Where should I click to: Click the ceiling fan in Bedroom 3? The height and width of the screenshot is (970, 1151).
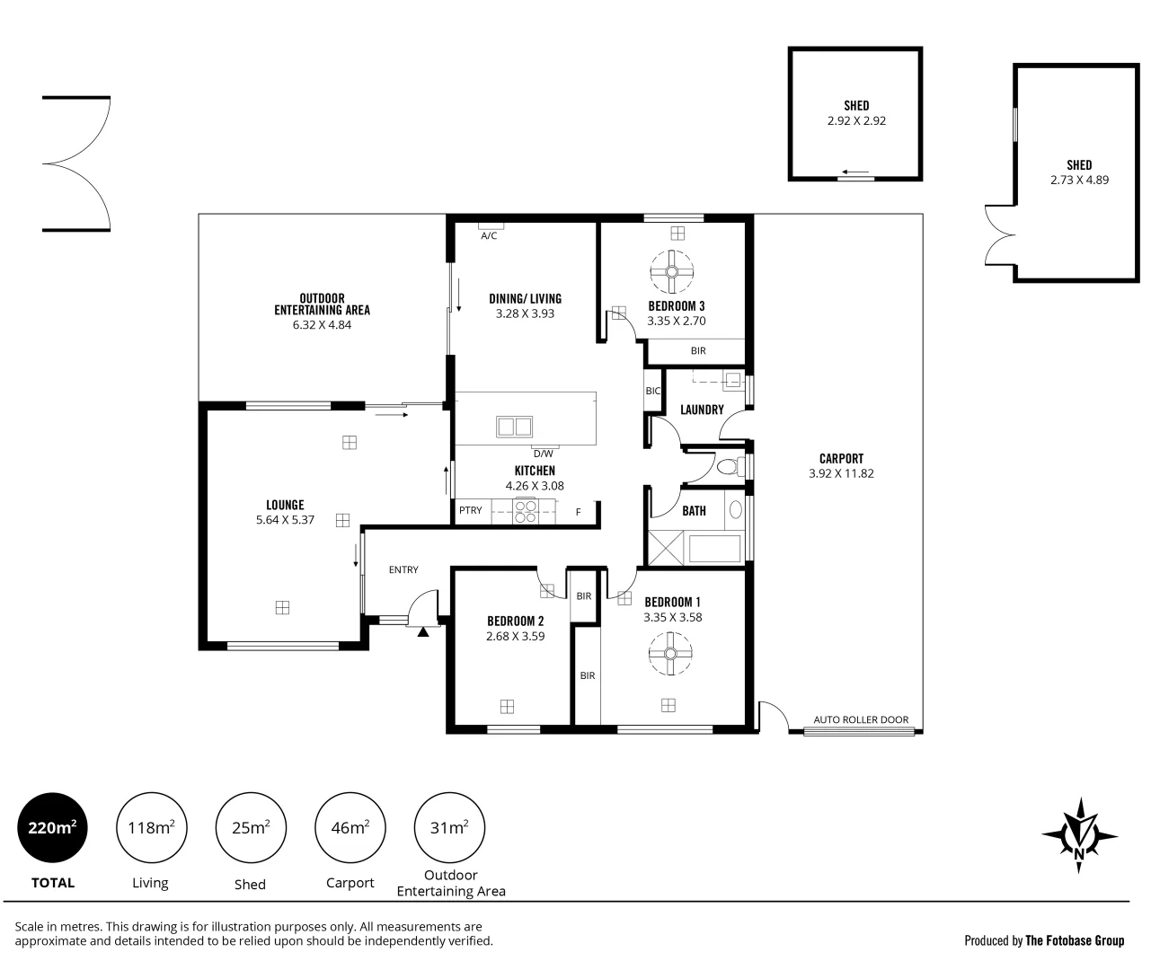click(671, 270)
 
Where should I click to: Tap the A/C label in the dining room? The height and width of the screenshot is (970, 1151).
click(489, 236)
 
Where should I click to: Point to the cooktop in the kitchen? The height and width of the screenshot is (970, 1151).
click(527, 511)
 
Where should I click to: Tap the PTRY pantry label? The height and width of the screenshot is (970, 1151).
click(470, 510)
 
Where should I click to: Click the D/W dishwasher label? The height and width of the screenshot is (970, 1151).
click(543, 454)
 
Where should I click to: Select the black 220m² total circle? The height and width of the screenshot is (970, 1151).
click(53, 828)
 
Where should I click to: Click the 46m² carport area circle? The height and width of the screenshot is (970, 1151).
click(350, 828)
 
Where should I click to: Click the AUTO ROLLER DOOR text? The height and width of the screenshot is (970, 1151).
click(861, 719)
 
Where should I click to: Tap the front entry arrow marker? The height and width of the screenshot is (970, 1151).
click(423, 630)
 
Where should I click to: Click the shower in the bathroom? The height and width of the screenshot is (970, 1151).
click(667, 548)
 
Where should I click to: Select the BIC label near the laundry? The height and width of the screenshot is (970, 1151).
click(653, 391)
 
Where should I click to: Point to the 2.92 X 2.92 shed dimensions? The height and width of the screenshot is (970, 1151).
click(856, 120)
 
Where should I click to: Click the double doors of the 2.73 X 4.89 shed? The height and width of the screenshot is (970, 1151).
click(1000, 235)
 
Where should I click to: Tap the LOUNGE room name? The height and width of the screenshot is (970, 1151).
click(285, 505)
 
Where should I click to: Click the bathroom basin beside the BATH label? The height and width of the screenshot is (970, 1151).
click(735, 510)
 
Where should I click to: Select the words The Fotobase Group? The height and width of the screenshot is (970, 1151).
click(1075, 940)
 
